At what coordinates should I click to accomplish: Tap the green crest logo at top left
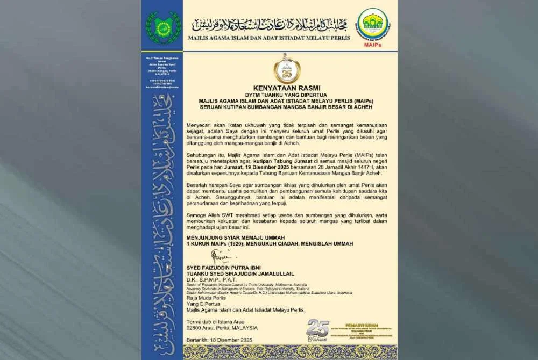[x=163, y=27]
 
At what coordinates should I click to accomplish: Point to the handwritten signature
[x=221, y=256]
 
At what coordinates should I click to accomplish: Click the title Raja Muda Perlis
[x=207, y=298]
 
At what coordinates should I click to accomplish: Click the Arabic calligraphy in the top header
[x=270, y=24]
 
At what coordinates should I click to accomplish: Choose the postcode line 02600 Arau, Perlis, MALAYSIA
[x=222, y=327]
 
